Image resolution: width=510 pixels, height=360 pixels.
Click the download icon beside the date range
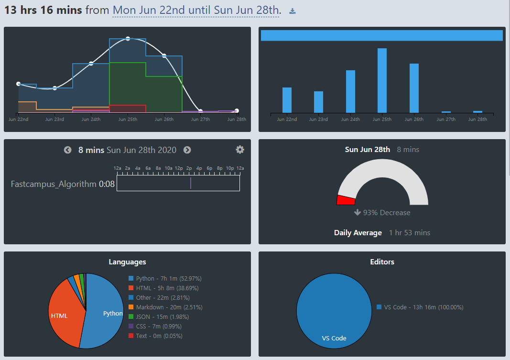tap(293, 11)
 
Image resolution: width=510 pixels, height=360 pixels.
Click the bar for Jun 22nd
tap(287, 100)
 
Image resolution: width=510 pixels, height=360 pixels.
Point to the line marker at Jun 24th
tap(91, 64)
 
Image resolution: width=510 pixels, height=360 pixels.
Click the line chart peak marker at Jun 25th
tap(128, 38)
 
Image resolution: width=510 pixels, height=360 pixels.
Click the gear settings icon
tap(240, 150)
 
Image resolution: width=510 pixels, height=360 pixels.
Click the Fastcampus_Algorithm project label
tap(54, 184)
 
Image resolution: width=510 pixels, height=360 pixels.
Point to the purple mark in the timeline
tap(190, 184)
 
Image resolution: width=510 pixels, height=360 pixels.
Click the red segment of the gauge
tap(346, 200)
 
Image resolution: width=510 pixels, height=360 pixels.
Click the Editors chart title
tap(382, 262)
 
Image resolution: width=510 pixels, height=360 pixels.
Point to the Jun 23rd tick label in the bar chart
tap(318, 120)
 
